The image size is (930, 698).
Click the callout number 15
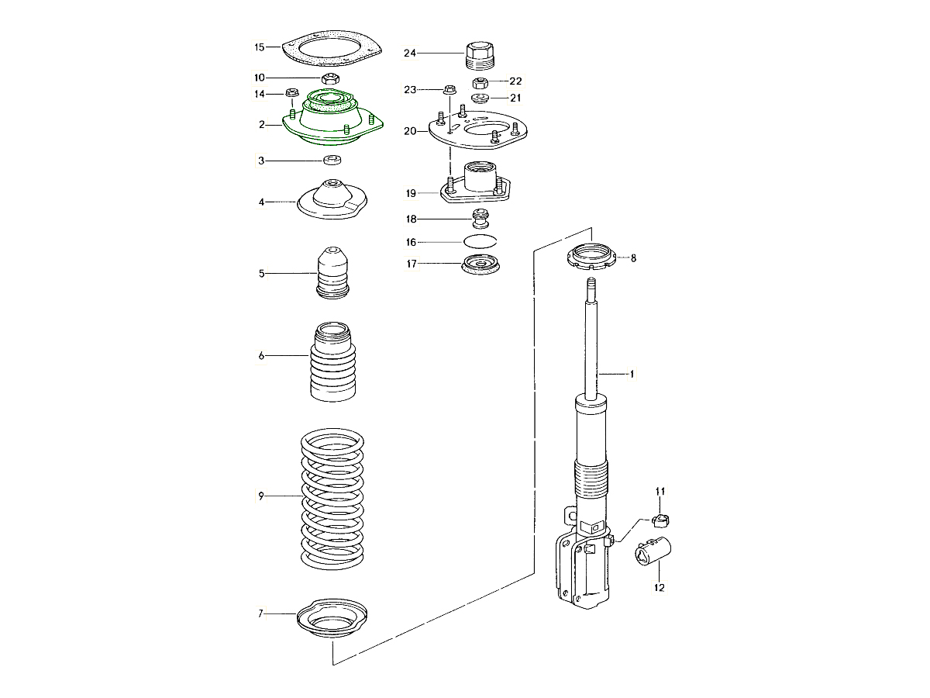[260, 47]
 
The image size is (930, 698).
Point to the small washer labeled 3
[332, 161]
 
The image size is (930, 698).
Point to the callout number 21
[515, 97]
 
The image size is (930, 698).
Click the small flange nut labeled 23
[449, 90]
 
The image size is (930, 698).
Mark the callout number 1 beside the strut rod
[632, 375]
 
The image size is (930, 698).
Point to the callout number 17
[411, 264]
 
